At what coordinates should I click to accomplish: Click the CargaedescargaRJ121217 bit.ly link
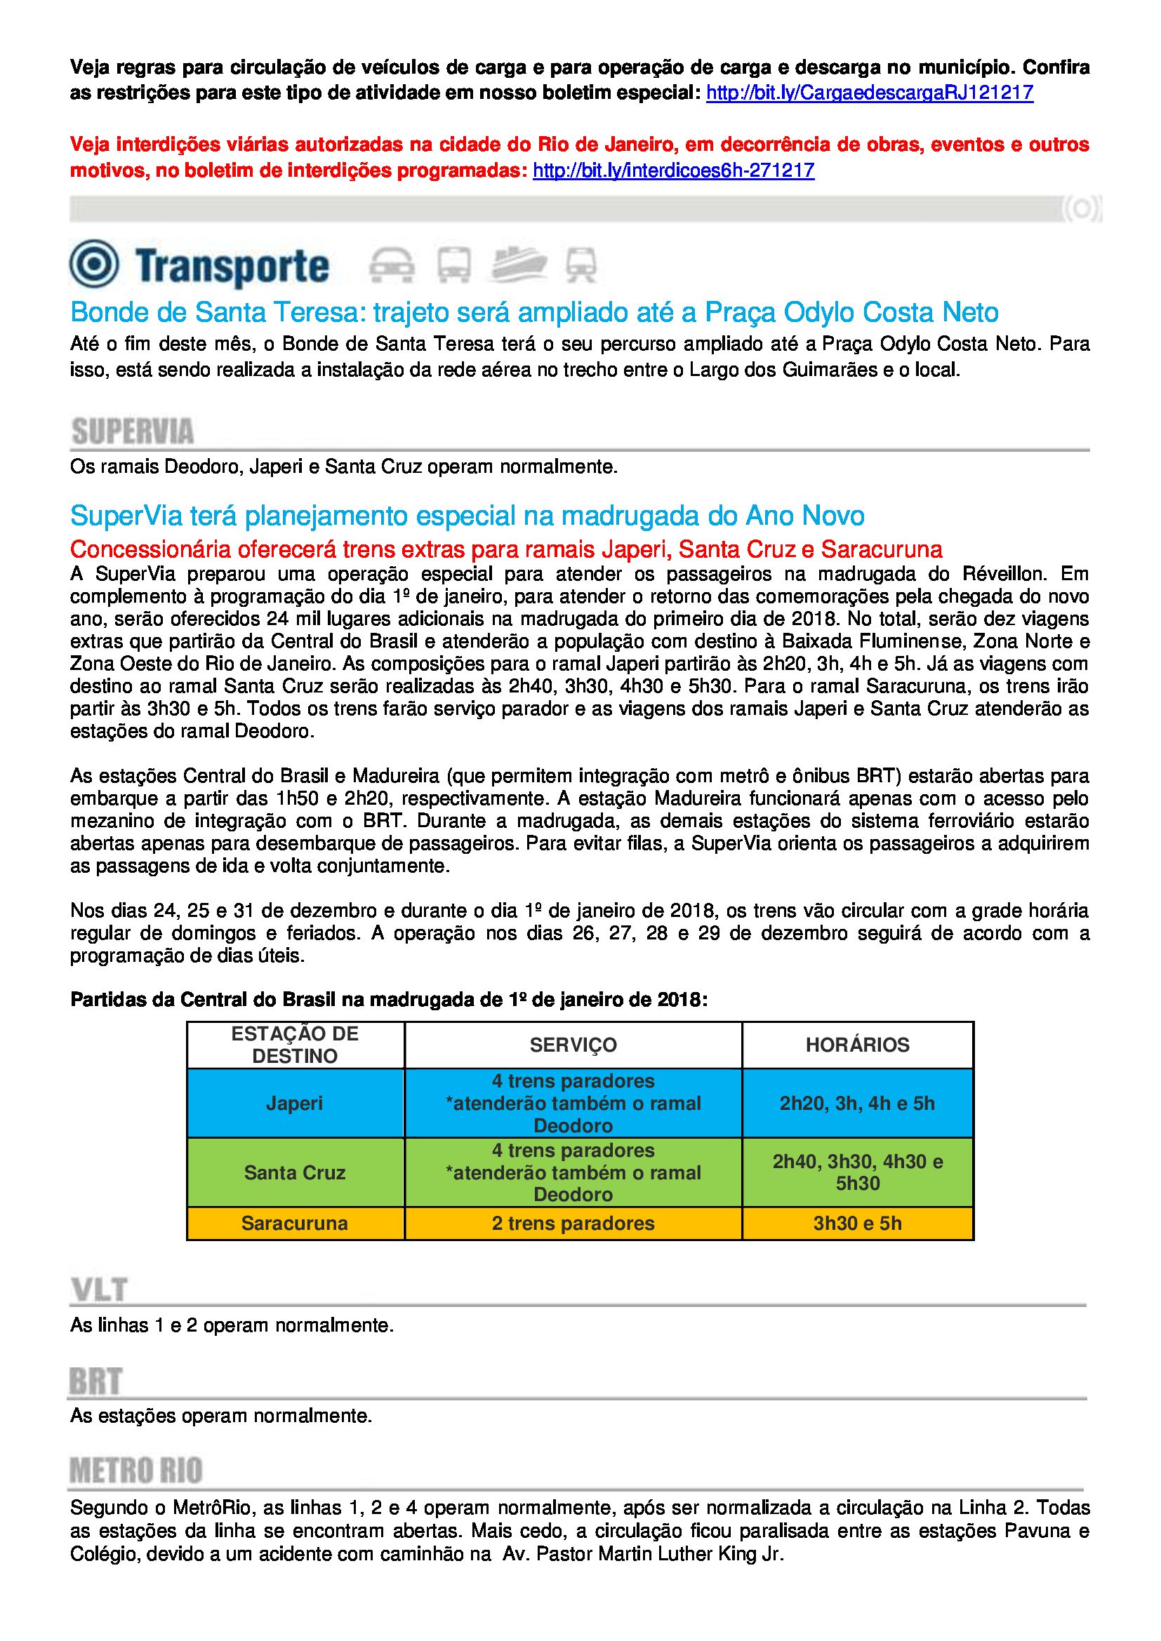pos(869,93)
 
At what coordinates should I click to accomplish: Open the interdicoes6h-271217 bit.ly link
pos(673,170)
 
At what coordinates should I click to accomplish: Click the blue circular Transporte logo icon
pos(93,264)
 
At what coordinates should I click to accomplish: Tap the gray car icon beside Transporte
pos(392,265)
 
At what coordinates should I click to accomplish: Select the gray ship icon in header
pos(518,264)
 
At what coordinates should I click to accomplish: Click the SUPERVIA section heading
pos(132,431)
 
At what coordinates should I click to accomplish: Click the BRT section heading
pos(95,1381)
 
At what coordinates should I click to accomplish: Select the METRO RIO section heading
pos(136,1471)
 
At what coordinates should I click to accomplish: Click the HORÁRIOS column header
pos(857,1045)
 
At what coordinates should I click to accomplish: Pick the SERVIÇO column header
pos(573,1045)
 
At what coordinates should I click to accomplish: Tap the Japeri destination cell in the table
pos(295,1103)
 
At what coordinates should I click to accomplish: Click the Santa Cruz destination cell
pos(295,1172)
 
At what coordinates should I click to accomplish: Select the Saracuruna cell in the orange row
pos(295,1223)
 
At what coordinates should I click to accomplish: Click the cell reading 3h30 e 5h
pos(857,1223)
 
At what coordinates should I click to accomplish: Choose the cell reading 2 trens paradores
pos(573,1223)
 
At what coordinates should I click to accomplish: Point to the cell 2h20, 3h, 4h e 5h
pos(857,1103)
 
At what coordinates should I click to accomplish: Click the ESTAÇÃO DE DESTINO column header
pos(295,1045)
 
